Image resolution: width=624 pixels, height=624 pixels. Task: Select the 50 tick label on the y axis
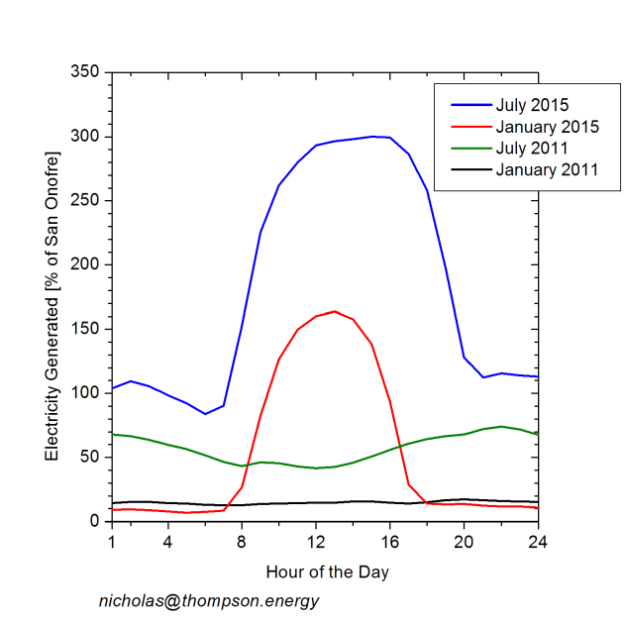tap(91, 457)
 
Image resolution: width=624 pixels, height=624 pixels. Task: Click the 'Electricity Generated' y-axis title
tap(52, 297)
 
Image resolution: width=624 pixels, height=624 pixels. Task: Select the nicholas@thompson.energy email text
tap(208, 601)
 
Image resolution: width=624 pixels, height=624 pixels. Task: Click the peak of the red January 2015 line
tap(335, 311)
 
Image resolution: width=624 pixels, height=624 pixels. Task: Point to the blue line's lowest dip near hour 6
tap(205, 414)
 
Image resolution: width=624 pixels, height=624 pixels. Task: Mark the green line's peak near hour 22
tap(501, 427)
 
